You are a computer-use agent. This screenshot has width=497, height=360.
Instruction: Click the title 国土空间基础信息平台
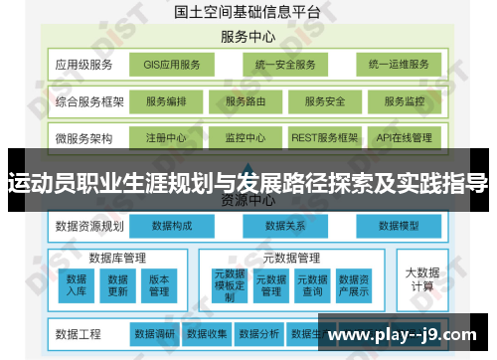pos(248,13)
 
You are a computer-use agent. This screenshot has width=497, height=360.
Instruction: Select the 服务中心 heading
pos(248,38)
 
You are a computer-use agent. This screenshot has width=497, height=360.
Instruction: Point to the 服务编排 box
pos(166,101)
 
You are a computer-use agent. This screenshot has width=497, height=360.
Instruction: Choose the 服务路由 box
pos(246,101)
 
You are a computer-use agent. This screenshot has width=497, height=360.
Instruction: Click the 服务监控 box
pos(404,101)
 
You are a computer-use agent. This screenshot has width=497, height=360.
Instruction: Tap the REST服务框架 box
pos(324,137)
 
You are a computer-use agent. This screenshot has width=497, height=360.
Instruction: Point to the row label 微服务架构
pos(83,137)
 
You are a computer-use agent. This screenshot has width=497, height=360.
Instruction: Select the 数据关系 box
pos(284,227)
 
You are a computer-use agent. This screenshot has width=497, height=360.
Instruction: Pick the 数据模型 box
pos(401,227)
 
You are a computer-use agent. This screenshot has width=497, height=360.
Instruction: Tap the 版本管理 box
pos(159,285)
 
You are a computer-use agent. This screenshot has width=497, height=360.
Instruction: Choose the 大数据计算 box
pos(420,279)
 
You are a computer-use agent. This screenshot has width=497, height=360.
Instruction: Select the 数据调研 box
pos(154,333)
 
